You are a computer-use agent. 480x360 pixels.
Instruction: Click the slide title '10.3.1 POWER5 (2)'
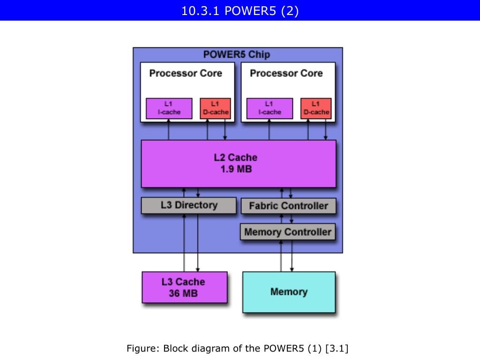point(240,11)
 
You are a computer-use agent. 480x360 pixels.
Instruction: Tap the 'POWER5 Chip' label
point(237,54)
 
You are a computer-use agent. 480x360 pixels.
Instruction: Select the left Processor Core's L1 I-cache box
point(169,108)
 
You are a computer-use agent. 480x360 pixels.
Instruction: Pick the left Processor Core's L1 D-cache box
point(215,108)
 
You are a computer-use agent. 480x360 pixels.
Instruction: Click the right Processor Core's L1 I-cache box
point(270,108)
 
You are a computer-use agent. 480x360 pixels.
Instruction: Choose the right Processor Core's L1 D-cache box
point(316,108)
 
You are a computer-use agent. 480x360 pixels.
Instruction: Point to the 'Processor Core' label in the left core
point(186,73)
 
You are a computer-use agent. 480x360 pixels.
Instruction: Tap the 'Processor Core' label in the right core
point(286,73)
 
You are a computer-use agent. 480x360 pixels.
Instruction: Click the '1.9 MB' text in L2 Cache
point(236,169)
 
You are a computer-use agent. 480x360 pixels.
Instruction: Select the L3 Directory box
point(188,205)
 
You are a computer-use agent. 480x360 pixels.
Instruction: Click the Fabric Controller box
point(288,206)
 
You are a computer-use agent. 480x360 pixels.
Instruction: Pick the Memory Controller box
point(288,232)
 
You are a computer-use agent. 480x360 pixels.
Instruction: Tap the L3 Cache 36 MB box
point(185,287)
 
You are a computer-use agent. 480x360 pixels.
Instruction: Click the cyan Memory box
point(289,292)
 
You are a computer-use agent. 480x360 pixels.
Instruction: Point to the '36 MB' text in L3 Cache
point(183,293)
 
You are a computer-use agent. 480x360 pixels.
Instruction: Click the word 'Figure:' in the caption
point(143,348)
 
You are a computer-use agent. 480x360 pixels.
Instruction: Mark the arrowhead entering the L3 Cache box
point(198,270)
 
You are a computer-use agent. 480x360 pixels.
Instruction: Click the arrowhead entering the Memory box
point(292,270)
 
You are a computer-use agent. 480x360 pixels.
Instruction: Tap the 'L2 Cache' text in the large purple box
point(236,157)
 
